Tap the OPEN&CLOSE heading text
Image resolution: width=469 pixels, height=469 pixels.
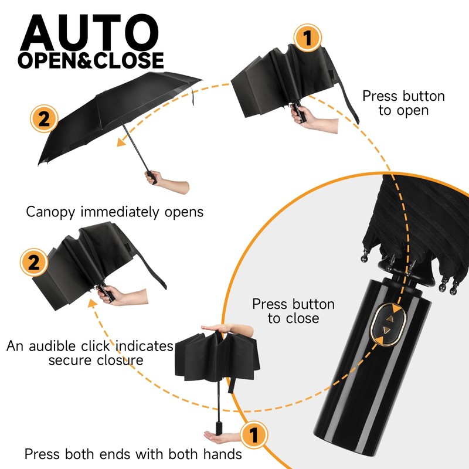tap(91, 60)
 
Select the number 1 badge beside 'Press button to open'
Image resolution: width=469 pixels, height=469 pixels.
tap(307, 39)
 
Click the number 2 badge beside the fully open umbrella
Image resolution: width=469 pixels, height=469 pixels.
tap(43, 120)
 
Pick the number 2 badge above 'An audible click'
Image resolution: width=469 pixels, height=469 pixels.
tap(34, 261)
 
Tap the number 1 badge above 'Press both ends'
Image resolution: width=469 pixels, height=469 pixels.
tap(253, 436)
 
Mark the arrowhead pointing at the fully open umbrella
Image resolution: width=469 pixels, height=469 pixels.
tap(121, 141)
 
